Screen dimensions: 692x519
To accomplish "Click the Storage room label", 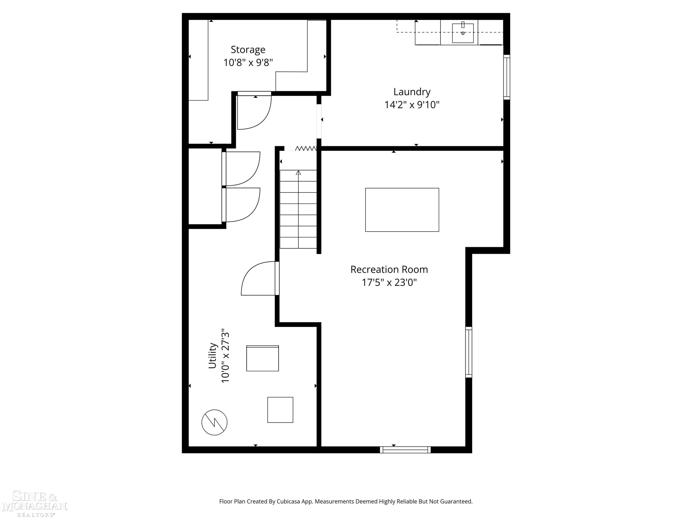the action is point(248,50).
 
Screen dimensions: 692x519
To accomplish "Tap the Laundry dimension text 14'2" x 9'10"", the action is point(412,104).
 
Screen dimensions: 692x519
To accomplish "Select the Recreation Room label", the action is point(389,269).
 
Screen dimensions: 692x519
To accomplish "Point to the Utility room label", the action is point(212,355).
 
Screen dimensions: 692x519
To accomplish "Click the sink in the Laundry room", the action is point(463,33).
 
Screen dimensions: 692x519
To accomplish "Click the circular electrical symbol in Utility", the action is point(214,422).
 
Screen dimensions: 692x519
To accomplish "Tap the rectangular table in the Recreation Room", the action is point(402,210).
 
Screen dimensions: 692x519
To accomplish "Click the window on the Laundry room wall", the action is point(507,77).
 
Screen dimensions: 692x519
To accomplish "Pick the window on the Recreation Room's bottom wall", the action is point(405,450).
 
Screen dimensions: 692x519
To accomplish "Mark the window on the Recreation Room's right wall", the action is point(468,352).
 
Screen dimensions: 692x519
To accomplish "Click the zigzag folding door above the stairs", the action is point(306,148).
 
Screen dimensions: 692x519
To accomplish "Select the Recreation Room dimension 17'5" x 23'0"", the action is point(389,283).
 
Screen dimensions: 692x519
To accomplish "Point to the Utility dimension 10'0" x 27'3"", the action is point(225,355).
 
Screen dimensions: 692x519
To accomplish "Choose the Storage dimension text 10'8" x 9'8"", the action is point(248,63).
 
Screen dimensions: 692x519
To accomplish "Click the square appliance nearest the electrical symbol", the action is point(280,410).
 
